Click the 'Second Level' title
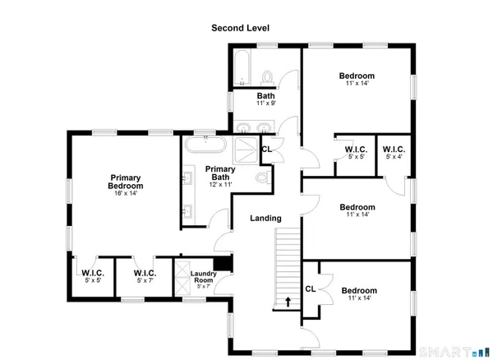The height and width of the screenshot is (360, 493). point(241,28)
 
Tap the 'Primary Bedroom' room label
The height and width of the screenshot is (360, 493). point(126,182)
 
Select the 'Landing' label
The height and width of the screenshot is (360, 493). point(266,219)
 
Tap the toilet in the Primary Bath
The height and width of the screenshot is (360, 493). point(262,178)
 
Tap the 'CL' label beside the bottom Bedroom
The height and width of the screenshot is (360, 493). point(310,288)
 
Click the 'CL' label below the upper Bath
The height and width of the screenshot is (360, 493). point(266,149)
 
